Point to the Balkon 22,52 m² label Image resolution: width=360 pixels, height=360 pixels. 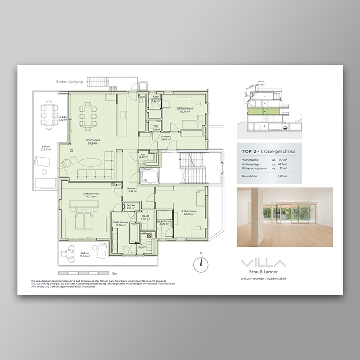pos(46,148)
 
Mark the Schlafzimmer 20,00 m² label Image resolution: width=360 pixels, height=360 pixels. pos(188,213)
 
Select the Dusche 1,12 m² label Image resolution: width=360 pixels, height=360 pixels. pos(131,207)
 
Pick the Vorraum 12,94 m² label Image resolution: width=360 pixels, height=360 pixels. pos(132,190)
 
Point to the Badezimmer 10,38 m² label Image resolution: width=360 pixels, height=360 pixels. pos(121,224)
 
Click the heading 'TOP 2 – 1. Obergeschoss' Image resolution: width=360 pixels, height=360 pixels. pos(268,151)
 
